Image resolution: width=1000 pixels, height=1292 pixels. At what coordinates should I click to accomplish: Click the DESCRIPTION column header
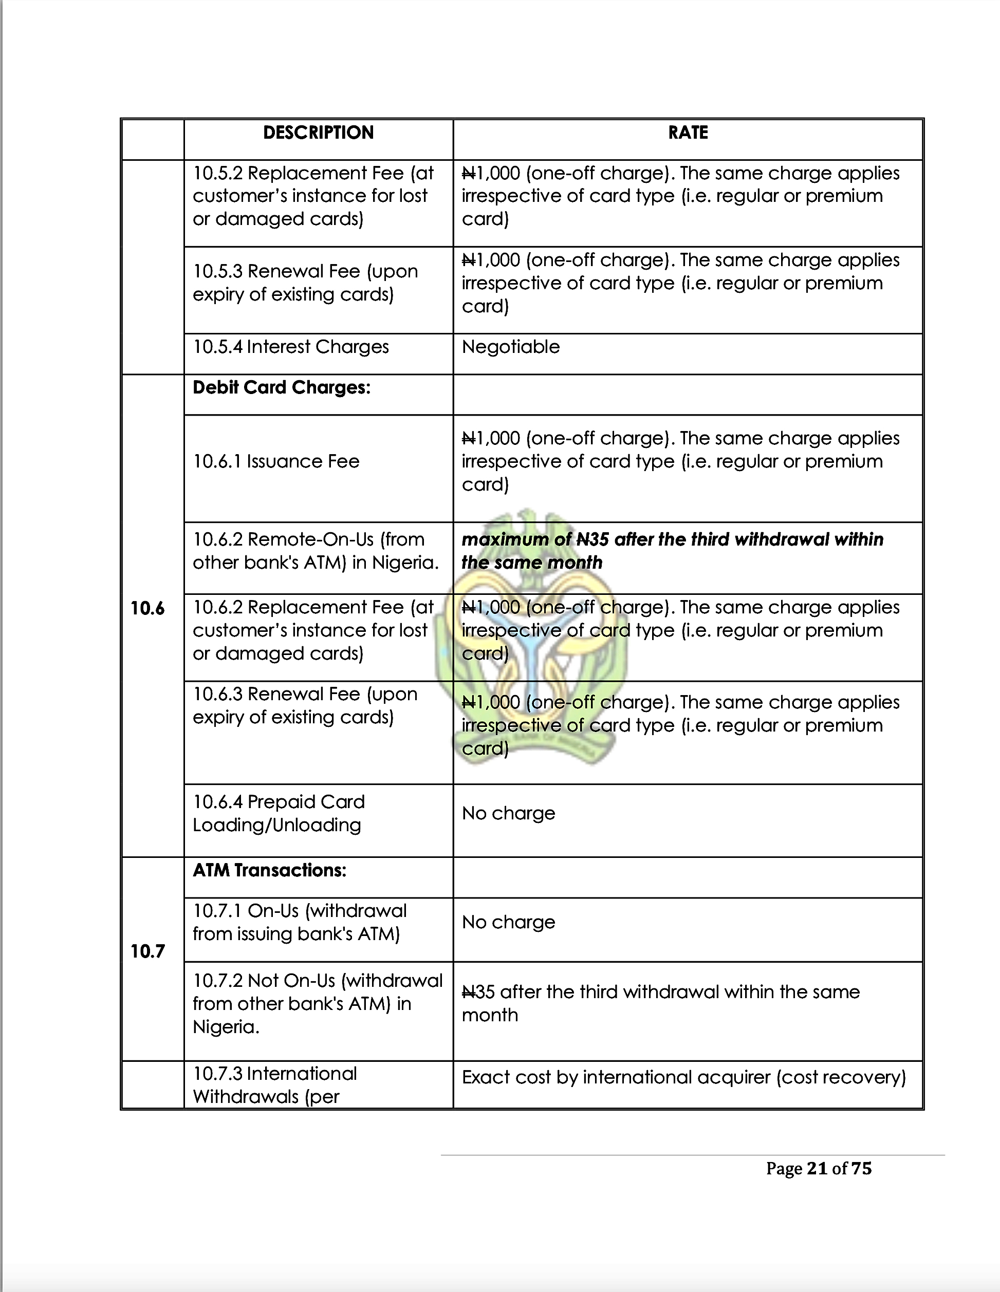318,133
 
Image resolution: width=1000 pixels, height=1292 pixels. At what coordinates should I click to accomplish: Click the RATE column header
688,133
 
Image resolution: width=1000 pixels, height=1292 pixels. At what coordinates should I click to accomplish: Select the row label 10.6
147,608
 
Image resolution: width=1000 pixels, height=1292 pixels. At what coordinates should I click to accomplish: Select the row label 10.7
147,951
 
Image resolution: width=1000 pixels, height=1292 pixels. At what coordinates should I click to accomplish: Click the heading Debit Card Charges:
281,387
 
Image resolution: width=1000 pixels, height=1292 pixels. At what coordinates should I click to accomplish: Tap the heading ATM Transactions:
269,870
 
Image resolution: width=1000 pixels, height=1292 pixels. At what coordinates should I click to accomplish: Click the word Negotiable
510,347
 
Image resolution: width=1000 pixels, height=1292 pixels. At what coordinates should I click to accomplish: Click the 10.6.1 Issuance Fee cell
276,461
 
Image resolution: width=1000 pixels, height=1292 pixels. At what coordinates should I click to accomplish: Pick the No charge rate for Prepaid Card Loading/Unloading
508,813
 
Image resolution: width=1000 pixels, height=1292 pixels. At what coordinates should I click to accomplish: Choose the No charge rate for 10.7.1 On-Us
508,922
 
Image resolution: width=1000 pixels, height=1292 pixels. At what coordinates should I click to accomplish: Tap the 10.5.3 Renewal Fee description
305,283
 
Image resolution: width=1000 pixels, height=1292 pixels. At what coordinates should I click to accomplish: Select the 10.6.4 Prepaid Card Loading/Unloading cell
278,813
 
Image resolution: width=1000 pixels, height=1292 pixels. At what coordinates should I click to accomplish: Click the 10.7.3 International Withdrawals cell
274,1085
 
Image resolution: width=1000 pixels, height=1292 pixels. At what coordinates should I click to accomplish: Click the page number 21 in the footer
817,1168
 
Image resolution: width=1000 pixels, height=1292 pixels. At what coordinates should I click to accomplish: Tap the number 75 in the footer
862,1168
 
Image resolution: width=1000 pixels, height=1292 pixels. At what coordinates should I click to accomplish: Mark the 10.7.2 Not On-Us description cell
317,1003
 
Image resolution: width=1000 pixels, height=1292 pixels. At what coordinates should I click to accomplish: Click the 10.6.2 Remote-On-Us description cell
316,551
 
